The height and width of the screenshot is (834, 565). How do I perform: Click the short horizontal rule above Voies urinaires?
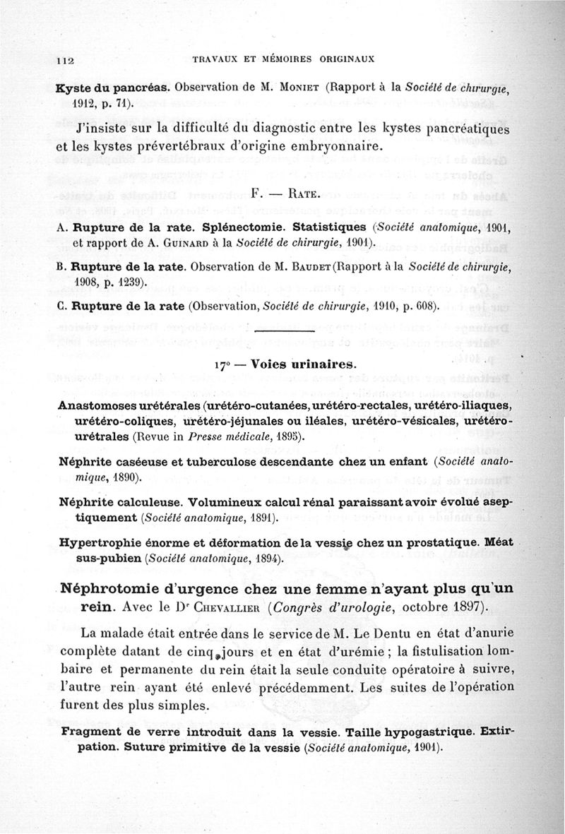[x=282, y=330]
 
